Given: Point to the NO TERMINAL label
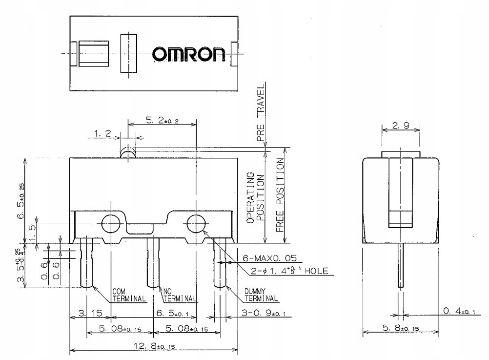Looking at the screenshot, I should click(x=180, y=295).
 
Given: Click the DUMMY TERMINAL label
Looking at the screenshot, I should click(x=261, y=295).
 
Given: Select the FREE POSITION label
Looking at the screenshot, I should click(x=281, y=195).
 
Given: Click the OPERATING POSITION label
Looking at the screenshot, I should click(x=255, y=198).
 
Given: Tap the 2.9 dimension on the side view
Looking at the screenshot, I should click(x=400, y=126).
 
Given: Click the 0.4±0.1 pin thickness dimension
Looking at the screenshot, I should click(x=459, y=311).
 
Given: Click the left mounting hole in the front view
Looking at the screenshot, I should click(x=111, y=224).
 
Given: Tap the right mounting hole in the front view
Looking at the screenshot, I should click(x=196, y=224).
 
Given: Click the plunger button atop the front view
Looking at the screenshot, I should click(x=128, y=152).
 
